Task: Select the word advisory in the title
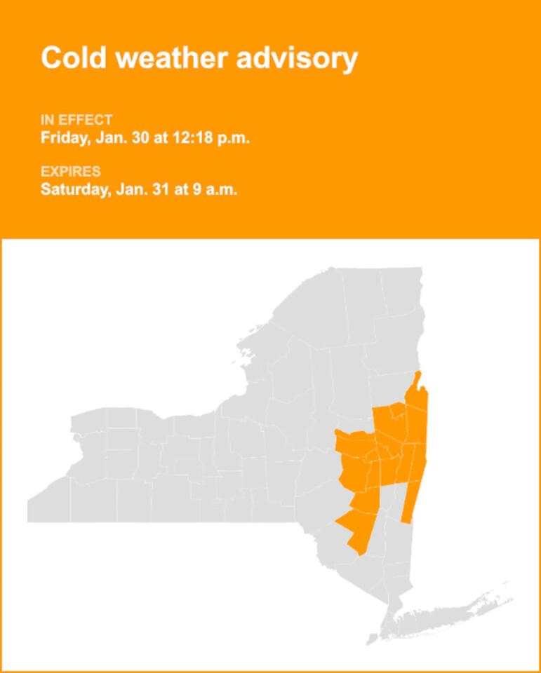297,57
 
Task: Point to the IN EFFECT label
76,120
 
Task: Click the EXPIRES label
70,172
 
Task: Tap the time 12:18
191,138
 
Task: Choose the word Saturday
73,189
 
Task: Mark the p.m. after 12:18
232,138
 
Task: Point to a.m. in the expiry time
220,189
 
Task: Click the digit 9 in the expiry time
196,189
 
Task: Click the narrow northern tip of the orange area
418,382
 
